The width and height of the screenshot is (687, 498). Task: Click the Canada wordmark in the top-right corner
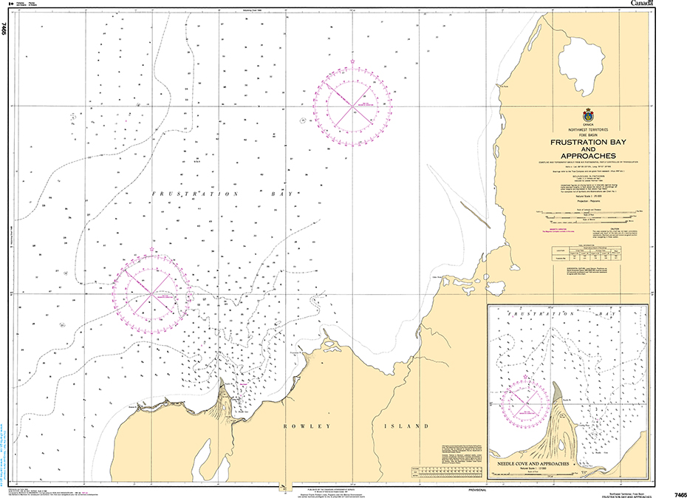[x=641, y=4]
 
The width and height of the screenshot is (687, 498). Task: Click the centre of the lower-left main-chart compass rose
[x=152, y=293]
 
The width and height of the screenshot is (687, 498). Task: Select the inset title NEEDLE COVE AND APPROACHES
[x=532, y=463]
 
